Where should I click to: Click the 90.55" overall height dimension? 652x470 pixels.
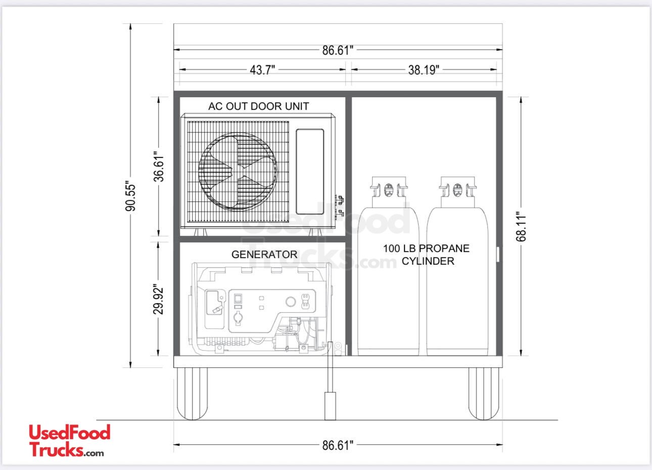130,197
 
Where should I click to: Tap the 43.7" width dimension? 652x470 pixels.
262,70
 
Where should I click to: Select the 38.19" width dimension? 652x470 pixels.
424,70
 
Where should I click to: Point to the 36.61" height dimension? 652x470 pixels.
159,166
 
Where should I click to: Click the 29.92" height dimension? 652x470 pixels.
159,299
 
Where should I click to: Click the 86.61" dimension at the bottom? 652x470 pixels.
338,445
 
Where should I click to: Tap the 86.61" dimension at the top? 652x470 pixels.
338,50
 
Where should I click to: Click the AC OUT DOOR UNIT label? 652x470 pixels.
258,106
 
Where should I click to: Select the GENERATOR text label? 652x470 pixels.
264,254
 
